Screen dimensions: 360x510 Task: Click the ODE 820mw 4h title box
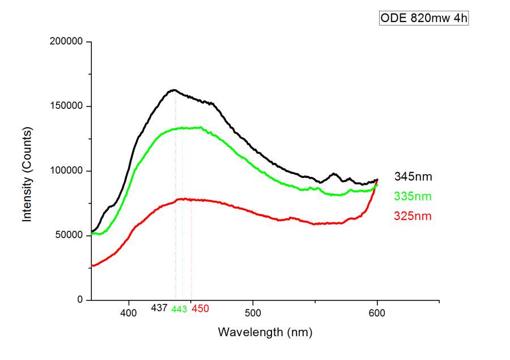424,18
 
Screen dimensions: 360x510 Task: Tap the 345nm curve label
413,177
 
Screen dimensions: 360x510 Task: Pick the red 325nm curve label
413,216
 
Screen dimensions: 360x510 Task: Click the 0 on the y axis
80,300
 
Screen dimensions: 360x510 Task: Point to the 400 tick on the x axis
129,312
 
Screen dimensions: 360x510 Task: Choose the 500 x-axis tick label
253,312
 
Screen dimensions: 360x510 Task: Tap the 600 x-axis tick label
377,312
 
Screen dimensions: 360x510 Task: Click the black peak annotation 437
159,308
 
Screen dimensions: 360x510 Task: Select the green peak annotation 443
179,310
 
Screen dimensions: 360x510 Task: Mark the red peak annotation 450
200,309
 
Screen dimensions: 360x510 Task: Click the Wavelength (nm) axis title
265,332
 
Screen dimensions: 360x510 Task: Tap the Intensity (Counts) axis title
27,173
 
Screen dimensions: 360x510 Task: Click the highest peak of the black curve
175,90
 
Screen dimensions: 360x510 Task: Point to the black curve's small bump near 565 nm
334,174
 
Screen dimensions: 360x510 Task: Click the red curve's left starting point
92,265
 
